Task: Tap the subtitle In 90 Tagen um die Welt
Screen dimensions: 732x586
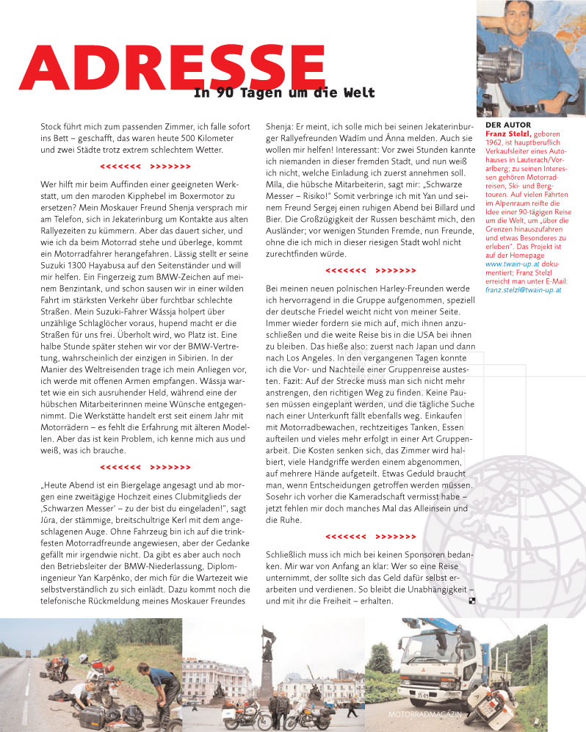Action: tap(284, 93)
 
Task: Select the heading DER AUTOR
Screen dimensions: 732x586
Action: tap(508, 125)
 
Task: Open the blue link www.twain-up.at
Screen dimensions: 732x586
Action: tap(512, 262)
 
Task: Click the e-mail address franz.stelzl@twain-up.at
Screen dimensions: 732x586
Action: tap(524, 290)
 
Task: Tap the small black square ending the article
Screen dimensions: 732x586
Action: tap(472, 601)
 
